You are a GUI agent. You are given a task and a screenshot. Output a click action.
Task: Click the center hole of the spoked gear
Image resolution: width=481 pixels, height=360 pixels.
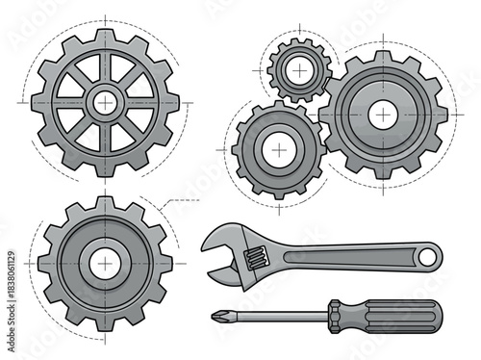tap(104, 101)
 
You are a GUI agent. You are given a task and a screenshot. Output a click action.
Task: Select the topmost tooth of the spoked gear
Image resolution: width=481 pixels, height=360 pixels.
tap(104, 34)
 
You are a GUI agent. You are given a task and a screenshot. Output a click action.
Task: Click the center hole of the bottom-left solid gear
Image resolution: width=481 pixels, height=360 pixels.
tap(103, 262)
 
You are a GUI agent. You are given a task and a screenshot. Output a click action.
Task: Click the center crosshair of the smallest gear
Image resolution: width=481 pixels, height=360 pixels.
tap(300, 71)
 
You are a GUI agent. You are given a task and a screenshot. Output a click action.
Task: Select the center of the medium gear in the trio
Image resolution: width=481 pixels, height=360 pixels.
tap(278, 151)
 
